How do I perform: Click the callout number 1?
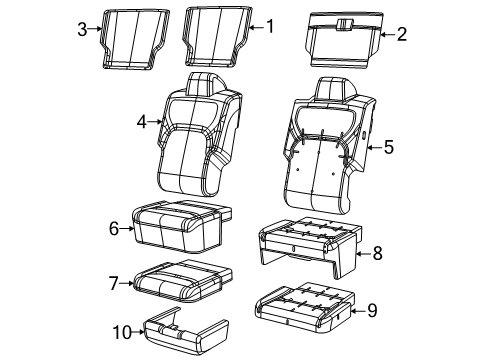[x=267, y=27]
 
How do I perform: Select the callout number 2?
[x=401, y=35]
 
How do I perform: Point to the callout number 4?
[x=142, y=122]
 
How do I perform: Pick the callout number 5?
[x=389, y=147]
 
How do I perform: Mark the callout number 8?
[x=377, y=254]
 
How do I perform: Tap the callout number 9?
[x=371, y=311]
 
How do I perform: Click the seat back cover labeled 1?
[x=214, y=37]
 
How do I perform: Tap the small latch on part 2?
[x=343, y=21]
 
